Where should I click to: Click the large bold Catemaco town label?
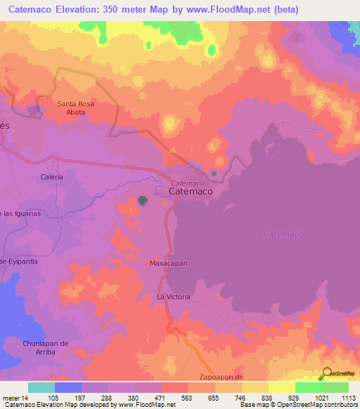click(x=190, y=190)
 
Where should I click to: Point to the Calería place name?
click(x=52, y=177)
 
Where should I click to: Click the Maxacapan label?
click(x=167, y=264)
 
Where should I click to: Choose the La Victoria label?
click(x=173, y=297)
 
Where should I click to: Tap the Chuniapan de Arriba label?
click(x=44, y=347)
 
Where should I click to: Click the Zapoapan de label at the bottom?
click(x=221, y=377)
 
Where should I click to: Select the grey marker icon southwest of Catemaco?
click(x=143, y=202)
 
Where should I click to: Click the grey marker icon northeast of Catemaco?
click(x=214, y=174)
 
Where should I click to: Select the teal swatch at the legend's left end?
click(x=41, y=387)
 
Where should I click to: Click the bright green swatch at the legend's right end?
click(x=335, y=387)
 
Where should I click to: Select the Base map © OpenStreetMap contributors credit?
click(x=297, y=405)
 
